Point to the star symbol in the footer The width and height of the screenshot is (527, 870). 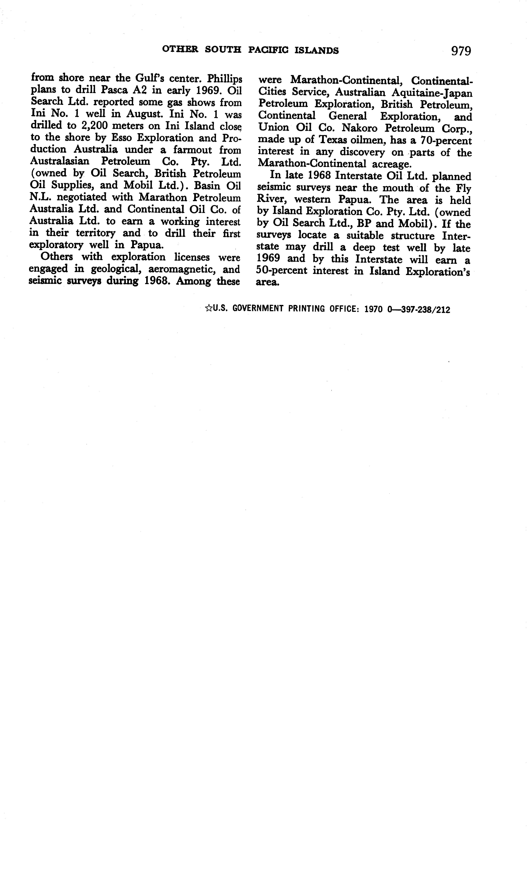click(208, 309)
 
